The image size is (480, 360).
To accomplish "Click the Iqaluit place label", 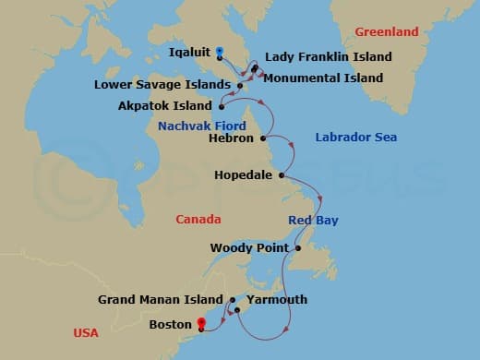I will [x=191, y=52].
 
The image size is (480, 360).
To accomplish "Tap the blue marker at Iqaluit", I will [x=219, y=52].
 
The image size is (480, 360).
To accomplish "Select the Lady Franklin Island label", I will [x=328, y=57].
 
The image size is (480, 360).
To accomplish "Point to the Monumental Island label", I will [x=322, y=78].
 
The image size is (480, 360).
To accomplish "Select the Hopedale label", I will [x=243, y=174].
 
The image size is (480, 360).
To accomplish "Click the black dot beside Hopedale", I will [x=281, y=174].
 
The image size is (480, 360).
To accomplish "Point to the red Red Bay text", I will [x=313, y=221].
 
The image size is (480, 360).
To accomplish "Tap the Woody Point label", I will [x=249, y=248].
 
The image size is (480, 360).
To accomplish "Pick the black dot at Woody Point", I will [x=298, y=248].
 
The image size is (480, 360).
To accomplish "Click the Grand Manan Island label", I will [x=162, y=300].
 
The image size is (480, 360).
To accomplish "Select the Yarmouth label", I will [x=276, y=300].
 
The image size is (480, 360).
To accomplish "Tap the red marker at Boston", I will [x=200, y=323].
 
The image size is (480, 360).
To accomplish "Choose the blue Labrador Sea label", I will [x=355, y=138].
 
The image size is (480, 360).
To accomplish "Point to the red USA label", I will [x=89, y=332].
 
